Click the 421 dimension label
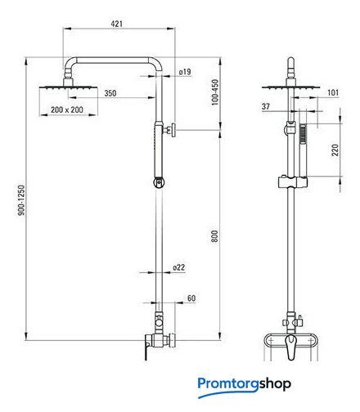[117, 24]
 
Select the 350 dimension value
[110, 93]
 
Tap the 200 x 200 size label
[67, 110]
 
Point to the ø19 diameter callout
[185, 72]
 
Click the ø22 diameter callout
[179, 267]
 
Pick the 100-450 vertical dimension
[215, 92]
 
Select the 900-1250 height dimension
[21, 200]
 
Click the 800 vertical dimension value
[214, 236]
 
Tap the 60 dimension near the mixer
[191, 298]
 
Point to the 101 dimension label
[333, 92]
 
